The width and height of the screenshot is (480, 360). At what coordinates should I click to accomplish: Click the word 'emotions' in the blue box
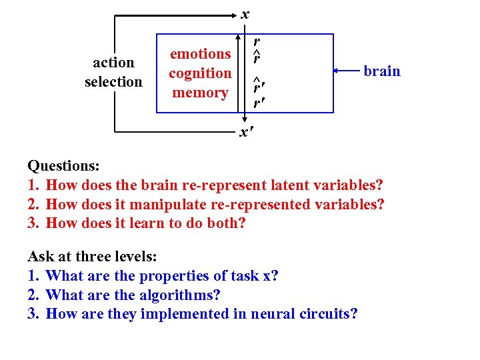(x=200, y=53)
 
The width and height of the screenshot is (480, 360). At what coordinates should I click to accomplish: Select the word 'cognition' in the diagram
(x=200, y=73)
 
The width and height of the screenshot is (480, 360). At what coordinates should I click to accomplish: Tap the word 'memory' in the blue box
(x=200, y=93)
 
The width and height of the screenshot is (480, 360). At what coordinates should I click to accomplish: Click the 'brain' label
(x=382, y=71)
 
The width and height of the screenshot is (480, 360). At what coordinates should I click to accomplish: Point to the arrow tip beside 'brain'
(x=335, y=70)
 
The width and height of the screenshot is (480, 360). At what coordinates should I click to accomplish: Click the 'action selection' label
(x=113, y=72)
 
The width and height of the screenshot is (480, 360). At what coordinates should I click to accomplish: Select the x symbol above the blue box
(x=245, y=13)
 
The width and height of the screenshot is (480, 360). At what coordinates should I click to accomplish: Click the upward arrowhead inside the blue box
(x=240, y=39)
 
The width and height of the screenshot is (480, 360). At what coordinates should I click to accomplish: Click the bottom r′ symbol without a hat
(x=257, y=104)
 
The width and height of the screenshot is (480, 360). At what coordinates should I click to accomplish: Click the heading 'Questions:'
(x=62, y=165)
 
